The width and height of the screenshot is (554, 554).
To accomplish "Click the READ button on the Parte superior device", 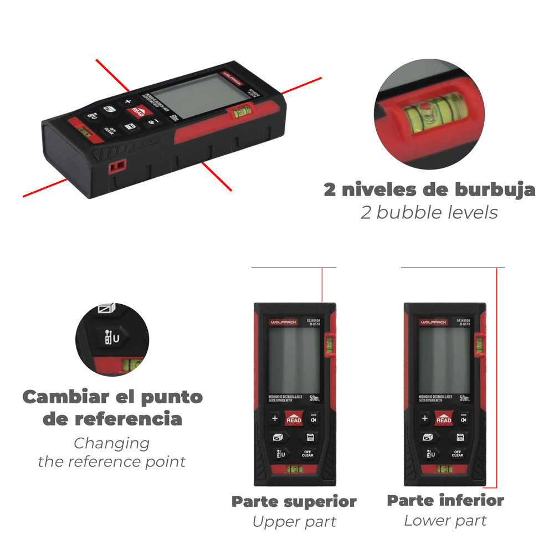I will pyautogui.click(x=294, y=419).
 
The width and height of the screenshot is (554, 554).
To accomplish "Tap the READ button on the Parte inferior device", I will pyautogui.click(x=444, y=419).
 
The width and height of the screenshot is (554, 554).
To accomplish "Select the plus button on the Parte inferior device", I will pyautogui.click(x=425, y=419).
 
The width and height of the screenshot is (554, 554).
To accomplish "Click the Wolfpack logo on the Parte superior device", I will pyautogui.click(x=283, y=322).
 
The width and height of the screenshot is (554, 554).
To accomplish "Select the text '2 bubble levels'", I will pyautogui.click(x=429, y=212).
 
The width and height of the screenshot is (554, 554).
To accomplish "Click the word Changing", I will pyautogui.click(x=112, y=443).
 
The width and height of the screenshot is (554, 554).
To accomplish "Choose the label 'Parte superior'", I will pyautogui.click(x=294, y=502).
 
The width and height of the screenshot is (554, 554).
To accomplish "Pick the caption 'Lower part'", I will pyautogui.click(x=445, y=521).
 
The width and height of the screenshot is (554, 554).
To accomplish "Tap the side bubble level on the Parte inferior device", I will pyautogui.click(x=479, y=345).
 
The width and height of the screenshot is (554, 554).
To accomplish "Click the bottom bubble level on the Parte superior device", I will pyautogui.click(x=294, y=470).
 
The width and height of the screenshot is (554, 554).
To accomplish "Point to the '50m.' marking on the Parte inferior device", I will pyautogui.click(x=464, y=398).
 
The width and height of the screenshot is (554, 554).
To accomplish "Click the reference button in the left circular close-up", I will pyautogui.click(x=111, y=338).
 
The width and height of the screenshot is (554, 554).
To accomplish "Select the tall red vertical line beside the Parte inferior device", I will pyautogui.click(x=497, y=377).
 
